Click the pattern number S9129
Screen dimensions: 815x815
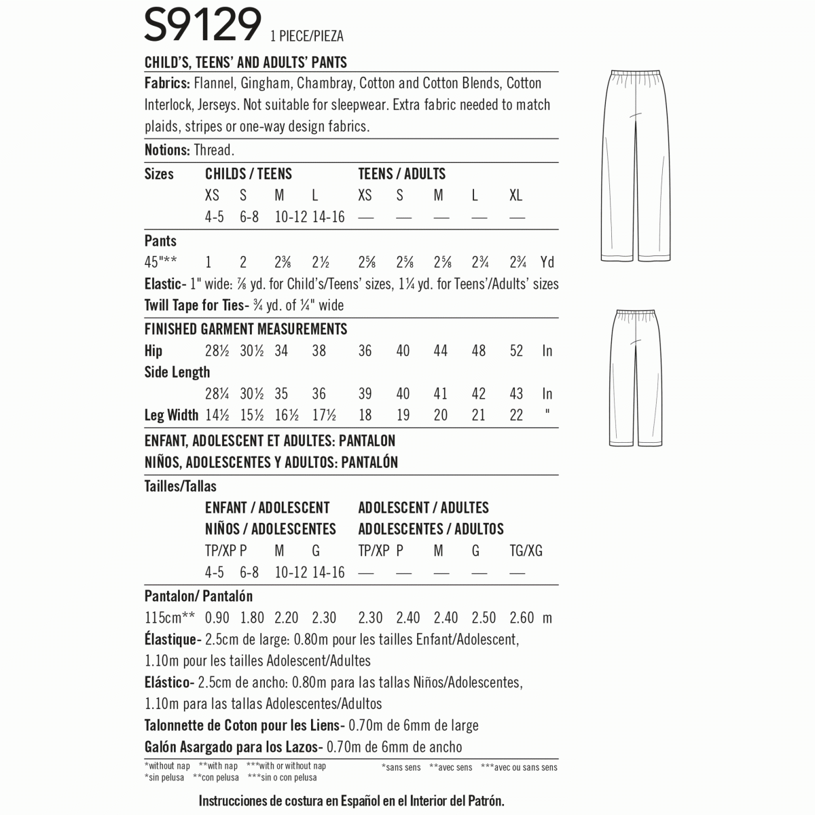202,26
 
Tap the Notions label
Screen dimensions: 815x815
166,150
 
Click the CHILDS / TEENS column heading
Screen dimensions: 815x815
248,174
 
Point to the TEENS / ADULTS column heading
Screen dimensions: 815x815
401,174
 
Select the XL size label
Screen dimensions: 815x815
516,196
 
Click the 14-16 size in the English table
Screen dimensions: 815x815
329,217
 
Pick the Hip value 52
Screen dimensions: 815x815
516,351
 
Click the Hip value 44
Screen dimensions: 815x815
441,351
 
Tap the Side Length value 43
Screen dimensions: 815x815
516,394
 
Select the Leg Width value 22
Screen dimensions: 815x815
516,415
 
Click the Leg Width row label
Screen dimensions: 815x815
171,415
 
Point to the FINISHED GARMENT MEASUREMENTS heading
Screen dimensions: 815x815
246,329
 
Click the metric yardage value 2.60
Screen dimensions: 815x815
522,618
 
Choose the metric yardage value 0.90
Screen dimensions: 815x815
217,618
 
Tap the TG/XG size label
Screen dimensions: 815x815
526,551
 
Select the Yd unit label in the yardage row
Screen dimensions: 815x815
547,262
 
